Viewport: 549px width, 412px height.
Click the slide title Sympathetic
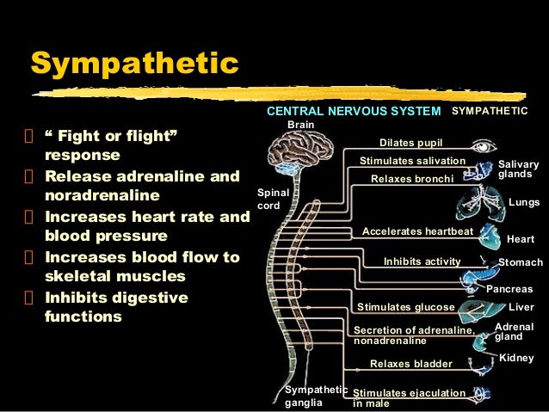[x=133, y=65]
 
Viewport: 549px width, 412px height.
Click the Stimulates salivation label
[x=412, y=161]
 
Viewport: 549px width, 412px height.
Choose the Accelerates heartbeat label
[x=417, y=232]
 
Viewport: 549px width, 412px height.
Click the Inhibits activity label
[x=423, y=261]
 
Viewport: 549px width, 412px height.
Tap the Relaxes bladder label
[x=410, y=364]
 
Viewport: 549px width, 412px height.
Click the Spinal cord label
[x=269, y=200]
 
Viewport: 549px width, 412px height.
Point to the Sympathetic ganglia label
[x=316, y=397]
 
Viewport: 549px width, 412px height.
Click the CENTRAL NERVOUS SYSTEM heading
[x=353, y=112]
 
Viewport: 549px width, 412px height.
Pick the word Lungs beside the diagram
[x=524, y=202]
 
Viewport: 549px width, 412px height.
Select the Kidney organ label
[x=516, y=357]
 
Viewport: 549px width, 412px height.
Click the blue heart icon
[x=490, y=234]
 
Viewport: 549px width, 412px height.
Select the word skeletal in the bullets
[x=79, y=276]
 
